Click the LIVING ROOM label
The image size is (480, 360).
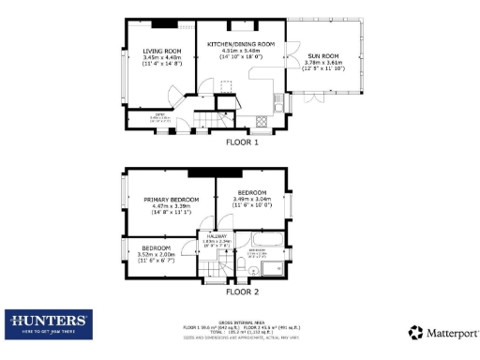tap(160, 51)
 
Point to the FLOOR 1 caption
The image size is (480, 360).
tap(242, 142)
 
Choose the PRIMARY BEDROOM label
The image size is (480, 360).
tap(171, 200)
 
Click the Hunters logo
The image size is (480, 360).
tap(48, 324)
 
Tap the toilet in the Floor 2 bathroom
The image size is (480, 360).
tap(242, 271)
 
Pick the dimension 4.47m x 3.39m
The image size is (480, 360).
tap(171, 206)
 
